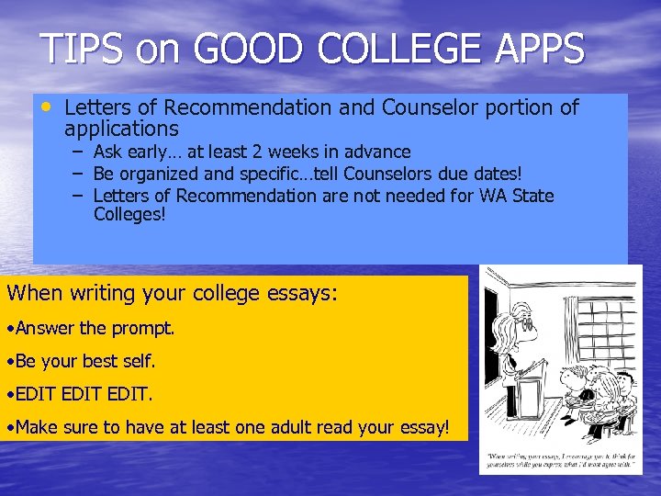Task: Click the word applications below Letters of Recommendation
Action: (x=121, y=129)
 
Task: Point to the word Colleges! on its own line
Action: (x=129, y=216)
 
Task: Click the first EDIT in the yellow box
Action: (x=36, y=394)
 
